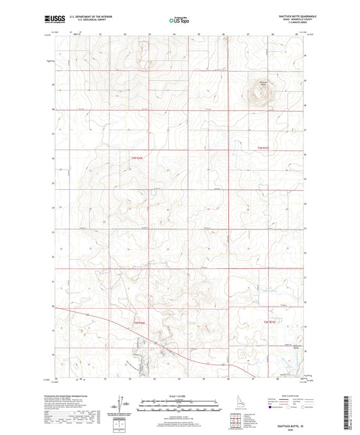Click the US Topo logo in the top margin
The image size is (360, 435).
[x=178, y=22]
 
